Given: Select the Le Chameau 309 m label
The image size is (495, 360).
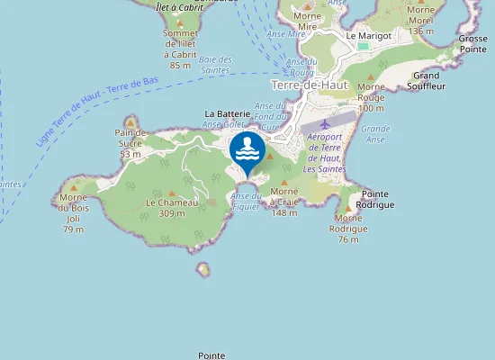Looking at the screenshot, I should coord(172,208).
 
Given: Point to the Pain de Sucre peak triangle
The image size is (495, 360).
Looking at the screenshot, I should coord(130,121).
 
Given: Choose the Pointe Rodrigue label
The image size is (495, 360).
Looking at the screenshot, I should coord(377,199).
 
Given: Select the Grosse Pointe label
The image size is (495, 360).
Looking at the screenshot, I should coord(472,45).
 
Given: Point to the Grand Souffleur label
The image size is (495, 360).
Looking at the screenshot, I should coord(426,82).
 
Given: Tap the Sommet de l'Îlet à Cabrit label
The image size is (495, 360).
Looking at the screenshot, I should coord(180,49).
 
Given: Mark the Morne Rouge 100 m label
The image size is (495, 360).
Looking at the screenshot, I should coord(371,97).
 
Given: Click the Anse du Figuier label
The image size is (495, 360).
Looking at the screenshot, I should coord(247,199).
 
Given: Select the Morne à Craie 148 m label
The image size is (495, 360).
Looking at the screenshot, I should coord(284,202).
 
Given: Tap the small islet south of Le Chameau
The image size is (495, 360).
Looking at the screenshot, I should coord(203,269).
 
